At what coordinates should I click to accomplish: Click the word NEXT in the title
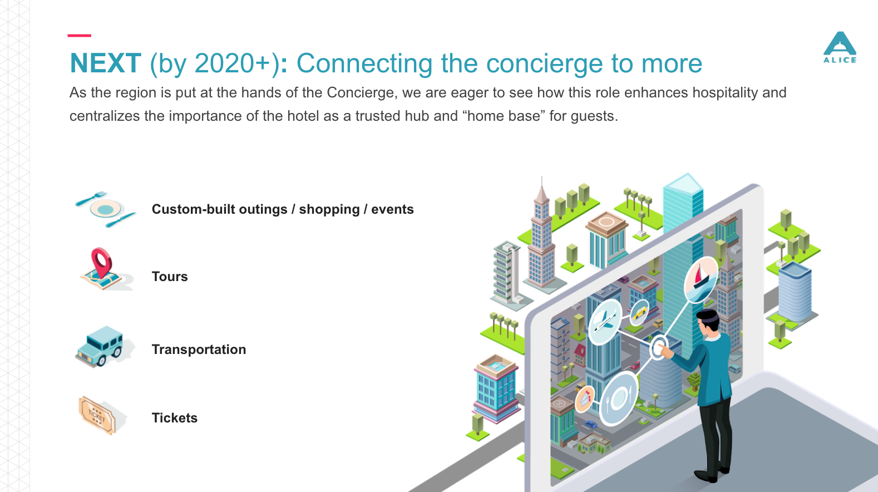coord(105,63)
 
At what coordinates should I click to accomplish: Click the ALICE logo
coord(840,47)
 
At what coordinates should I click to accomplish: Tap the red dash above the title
coord(79,36)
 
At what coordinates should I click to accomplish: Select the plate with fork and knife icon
coord(106,209)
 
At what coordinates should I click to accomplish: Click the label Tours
coord(170,277)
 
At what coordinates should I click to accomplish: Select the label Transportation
coord(199,350)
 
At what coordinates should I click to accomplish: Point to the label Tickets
coord(174,418)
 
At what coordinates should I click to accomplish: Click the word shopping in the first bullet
coord(329,210)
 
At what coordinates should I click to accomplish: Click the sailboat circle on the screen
coord(701,279)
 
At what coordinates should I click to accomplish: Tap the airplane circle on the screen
coord(605,322)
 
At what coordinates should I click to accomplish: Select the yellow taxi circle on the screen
coord(640,312)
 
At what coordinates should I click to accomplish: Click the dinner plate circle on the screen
coord(619,398)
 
